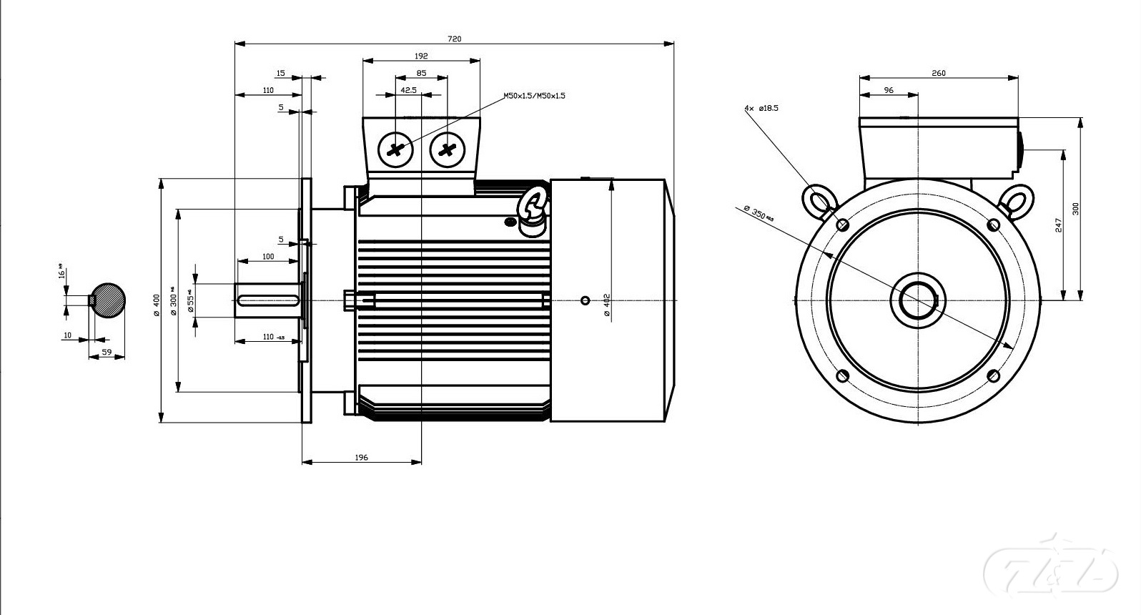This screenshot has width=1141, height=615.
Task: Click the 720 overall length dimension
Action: tap(454, 39)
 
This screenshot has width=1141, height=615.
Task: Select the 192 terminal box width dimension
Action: tap(421, 56)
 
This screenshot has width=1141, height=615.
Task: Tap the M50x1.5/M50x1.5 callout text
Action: tap(534, 95)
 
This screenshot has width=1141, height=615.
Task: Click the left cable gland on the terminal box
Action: tap(395, 150)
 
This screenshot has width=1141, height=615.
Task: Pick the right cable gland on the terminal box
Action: tap(448, 150)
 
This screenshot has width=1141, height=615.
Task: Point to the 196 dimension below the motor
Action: tap(361, 457)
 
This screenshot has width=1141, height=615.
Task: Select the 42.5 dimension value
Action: tap(409, 91)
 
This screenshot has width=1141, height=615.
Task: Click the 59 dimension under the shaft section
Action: tap(107, 353)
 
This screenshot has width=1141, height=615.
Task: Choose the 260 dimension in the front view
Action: tap(939, 73)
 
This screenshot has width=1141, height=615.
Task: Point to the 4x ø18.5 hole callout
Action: tap(761, 108)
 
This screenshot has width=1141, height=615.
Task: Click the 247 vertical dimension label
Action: tap(1059, 225)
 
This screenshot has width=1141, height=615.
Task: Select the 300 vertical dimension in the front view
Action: tap(1075, 209)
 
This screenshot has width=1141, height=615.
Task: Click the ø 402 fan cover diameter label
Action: tap(606, 305)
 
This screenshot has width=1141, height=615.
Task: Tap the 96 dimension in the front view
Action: tap(889, 91)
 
